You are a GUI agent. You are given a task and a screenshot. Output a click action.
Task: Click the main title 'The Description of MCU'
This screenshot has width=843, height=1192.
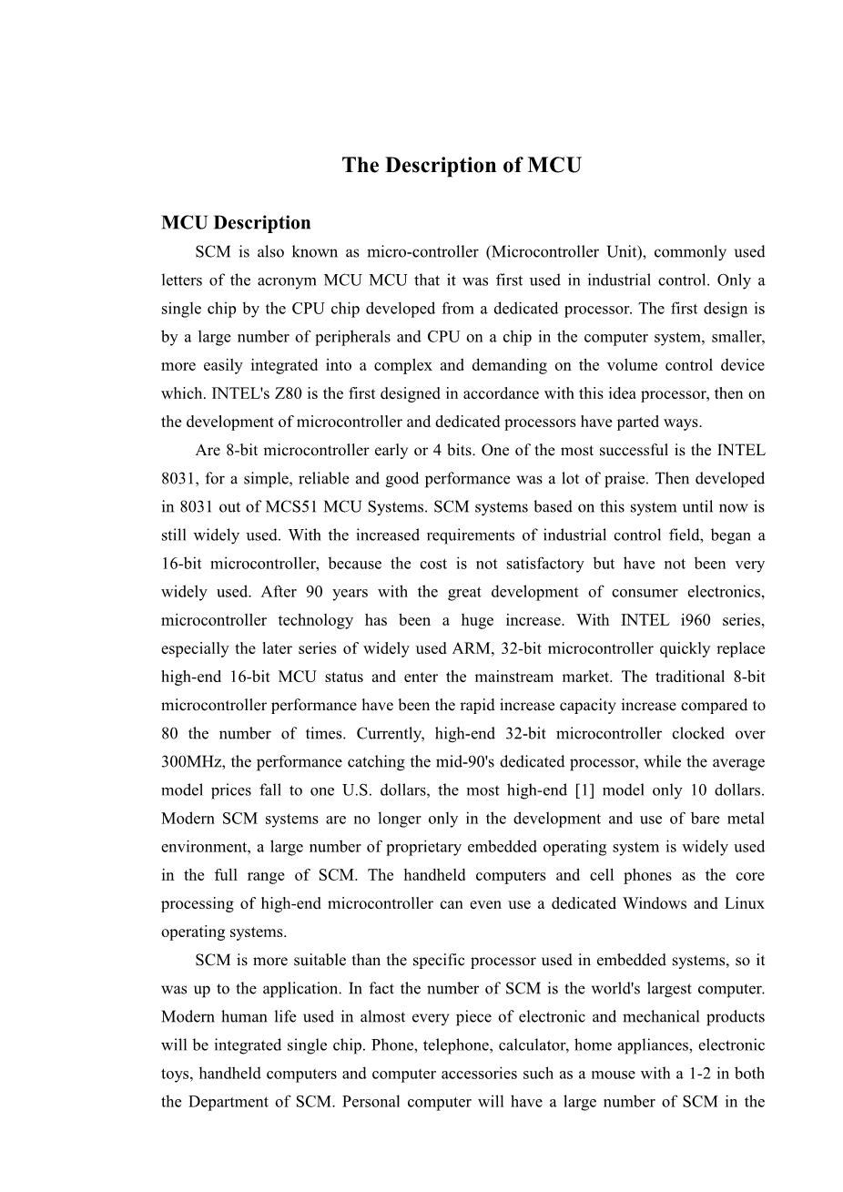pos(461,165)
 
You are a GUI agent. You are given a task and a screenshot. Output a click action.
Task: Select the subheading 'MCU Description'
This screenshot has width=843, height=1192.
pos(236,223)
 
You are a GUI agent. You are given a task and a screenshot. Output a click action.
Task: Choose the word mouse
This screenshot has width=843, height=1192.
pos(611,1073)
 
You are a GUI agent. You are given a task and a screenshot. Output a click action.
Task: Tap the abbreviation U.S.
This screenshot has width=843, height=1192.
pos(389,790)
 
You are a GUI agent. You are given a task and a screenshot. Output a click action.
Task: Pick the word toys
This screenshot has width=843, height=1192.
pos(176,1073)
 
